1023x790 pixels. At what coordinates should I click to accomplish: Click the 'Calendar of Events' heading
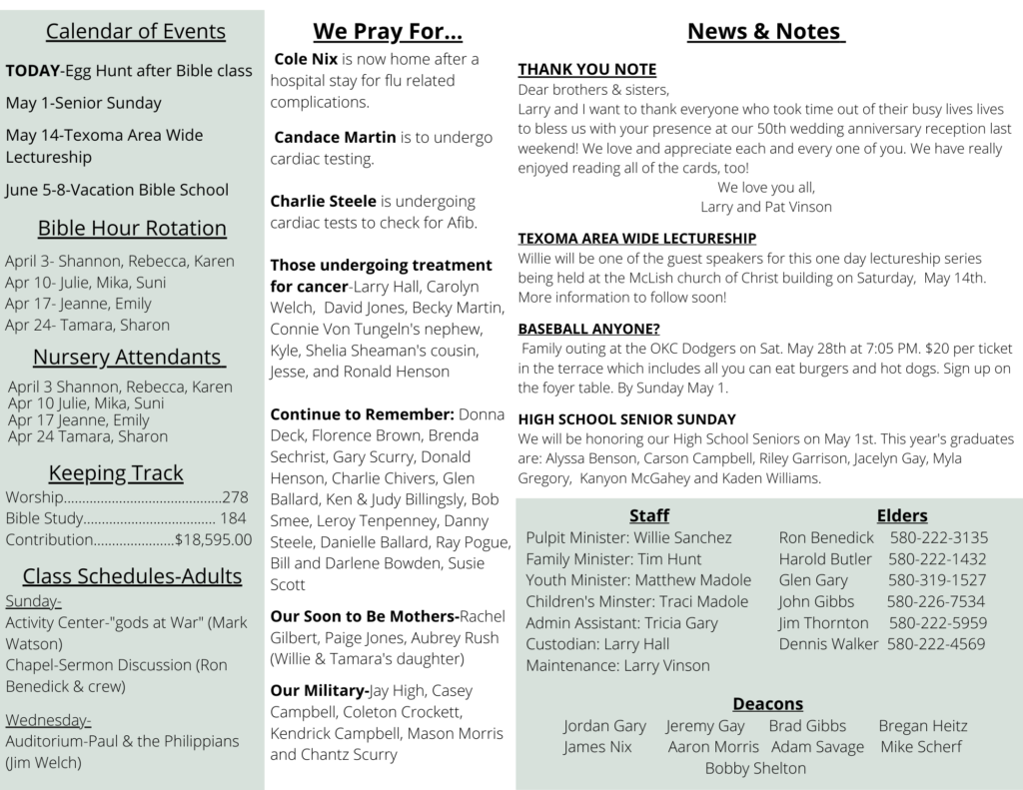pyautogui.click(x=136, y=31)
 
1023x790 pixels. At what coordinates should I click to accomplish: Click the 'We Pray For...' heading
pyautogui.click(x=388, y=31)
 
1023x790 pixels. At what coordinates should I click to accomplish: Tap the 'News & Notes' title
pyautogui.click(x=766, y=31)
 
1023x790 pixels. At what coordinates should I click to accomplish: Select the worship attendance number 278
pyautogui.click(x=236, y=496)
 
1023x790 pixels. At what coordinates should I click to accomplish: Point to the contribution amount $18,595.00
pyautogui.click(x=213, y=539)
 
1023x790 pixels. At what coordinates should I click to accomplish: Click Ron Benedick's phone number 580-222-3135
pyautogui.click(x=938, y=537)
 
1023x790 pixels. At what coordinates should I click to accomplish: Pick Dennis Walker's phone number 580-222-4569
pyautogui.click(x=936, y=644)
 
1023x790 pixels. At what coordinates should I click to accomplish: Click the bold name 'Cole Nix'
pyautogui.click(x=306, y=59)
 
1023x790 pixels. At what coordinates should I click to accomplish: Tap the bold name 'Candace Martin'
pyautogui.click(x=335, y=137)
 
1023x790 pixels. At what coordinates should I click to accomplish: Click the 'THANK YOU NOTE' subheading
pyautogui.click(x=586, y=69)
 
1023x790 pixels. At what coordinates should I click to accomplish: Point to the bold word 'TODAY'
pyautogui.click(x=33, y=71)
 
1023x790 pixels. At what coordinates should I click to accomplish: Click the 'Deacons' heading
pyautogui.click(x=767, y=703)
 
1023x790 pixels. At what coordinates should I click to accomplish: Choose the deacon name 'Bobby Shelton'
pyautogui.click(x=755, y=768)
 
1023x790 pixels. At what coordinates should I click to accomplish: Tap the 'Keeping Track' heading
pyautogui.click(x=116, y=472)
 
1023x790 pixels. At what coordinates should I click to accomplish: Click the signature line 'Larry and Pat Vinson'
pyautogui.click(x=766, y=207)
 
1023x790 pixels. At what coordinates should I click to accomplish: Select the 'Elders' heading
pyautogui.click(x=902, y=515)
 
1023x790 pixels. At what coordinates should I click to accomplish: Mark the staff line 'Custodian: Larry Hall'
pyautogui.click(x=597, y=644)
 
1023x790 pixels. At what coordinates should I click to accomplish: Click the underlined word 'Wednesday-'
pyautogui.click(x=48, y=720)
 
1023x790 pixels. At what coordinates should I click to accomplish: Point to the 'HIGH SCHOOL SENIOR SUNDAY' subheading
pyautogui.click(x=626, y=418)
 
